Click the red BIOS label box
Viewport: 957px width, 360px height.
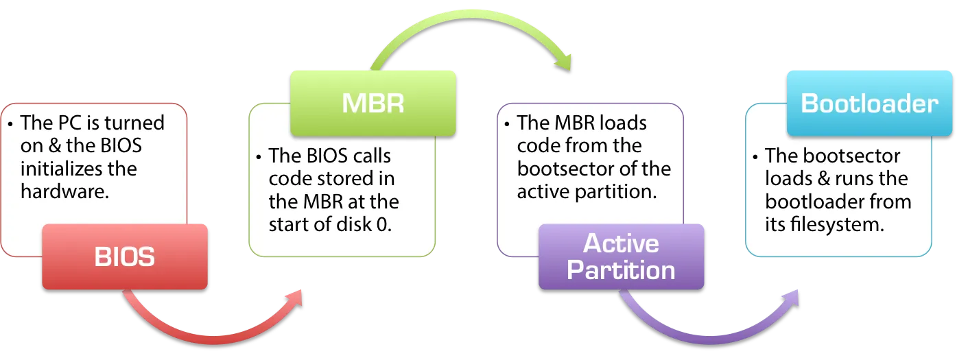[x=124, y=256]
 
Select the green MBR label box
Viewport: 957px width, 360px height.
[x=373, y=103]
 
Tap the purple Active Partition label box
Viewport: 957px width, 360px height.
[x=621, y=256]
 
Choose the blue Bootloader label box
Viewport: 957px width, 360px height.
[x=869, y=103]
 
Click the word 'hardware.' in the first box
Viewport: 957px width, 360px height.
[x=65, y=191]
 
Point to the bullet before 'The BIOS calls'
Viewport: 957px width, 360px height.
[x=259, y=157]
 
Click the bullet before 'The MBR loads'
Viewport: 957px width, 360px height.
[x=507, y=124]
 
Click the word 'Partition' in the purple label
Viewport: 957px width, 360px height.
[x=621, y=270]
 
